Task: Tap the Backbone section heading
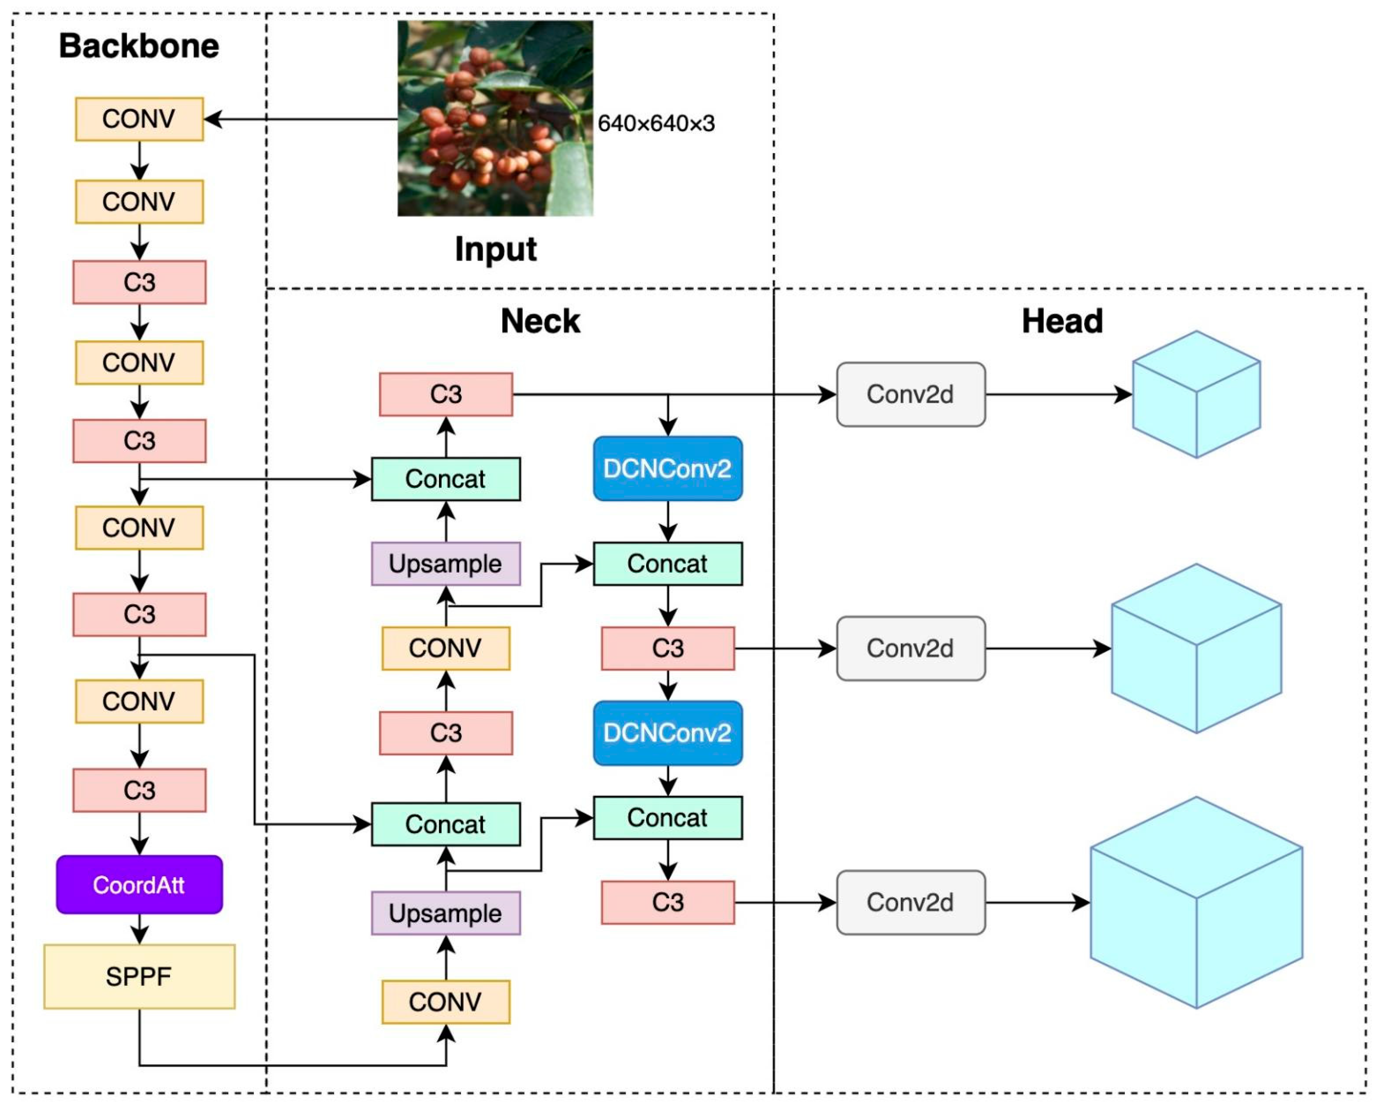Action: (x=139, y=46)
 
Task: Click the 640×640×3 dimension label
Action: (x=656, y=123)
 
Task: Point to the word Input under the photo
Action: (x=496, y=249)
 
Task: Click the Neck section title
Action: (x=540, y=321)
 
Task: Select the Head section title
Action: (x=1063, y=321)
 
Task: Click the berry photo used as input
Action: (x=495, y=119)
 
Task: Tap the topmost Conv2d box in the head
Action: (x=911, y=394)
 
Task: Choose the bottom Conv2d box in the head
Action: (x=911, y=902)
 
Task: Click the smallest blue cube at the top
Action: (x=1196, y=394)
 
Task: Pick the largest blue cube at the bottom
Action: (x=1196, y=902)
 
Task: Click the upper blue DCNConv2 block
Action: (x=668, y=469)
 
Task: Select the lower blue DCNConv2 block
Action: (x=668, y=733)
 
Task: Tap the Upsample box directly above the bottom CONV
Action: (x=446, y=913)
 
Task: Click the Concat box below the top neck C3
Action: (x=446, y=479)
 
